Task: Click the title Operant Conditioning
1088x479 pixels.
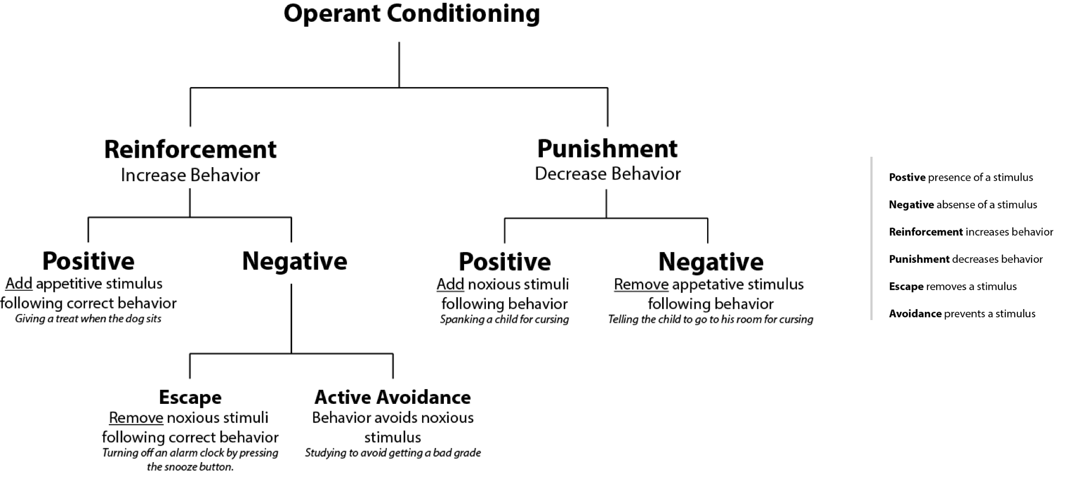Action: (x=411, y=14)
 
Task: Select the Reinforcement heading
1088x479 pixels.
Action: (x=190, y=149)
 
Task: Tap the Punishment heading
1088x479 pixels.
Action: (x=607, y=148)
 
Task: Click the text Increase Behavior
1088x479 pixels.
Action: (x=190, y=175)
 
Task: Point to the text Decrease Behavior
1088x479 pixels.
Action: (x=607, y=174)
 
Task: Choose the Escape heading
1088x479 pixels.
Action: (x=190, y=397)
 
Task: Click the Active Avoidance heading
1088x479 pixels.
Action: (x=392, y=397)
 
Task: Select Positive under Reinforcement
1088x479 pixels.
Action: (x=88, y=261)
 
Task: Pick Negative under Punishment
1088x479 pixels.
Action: (x=710, y=262)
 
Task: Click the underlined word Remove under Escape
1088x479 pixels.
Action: (x=136, y=418)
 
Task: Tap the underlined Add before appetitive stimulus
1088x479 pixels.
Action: (x=19, y=284)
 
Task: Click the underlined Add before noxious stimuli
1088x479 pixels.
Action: (x=450, y=284)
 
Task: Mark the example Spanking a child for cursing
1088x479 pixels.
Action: (x=504, y=320)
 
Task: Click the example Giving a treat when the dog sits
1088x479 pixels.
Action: (x=88, y=319)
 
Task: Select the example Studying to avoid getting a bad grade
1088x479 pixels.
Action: (x=392, y=453)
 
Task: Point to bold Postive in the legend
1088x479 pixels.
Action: (x=907, y=177)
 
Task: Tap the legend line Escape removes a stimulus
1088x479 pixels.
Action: (x=952, y=286)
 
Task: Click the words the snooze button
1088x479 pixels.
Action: (x=190, y=467)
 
